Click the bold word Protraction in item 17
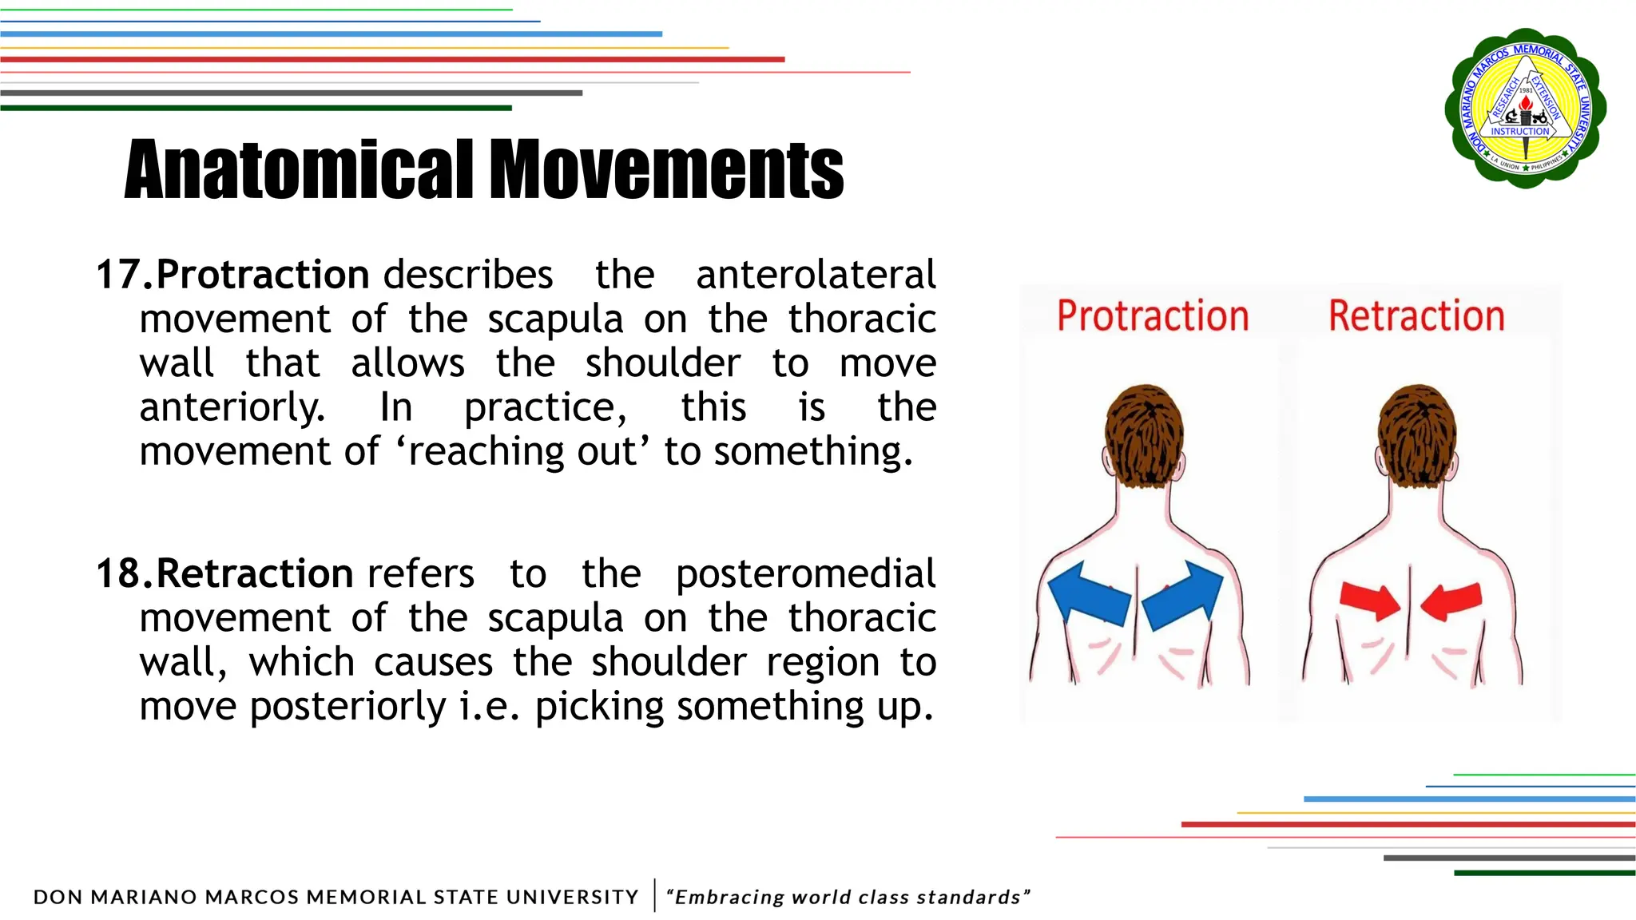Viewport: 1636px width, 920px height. (262, 275)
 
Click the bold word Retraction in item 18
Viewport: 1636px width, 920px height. (254, 573)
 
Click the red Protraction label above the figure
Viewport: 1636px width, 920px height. (1153, 315)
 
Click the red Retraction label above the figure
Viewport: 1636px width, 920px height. (1416, 315)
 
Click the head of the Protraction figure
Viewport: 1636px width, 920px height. (1144, 435)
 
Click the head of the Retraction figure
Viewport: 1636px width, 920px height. (1417, 435)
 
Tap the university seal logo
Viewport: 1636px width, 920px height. (1525, 108)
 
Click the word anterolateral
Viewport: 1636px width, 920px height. (815, 275)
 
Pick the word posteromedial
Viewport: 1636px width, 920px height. (805, 573)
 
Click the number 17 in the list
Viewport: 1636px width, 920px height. (117, 275)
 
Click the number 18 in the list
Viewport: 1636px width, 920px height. (117, 573)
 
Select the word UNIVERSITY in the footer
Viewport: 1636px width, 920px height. (572, 898)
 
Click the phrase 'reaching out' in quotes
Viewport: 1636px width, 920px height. (522, 452)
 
